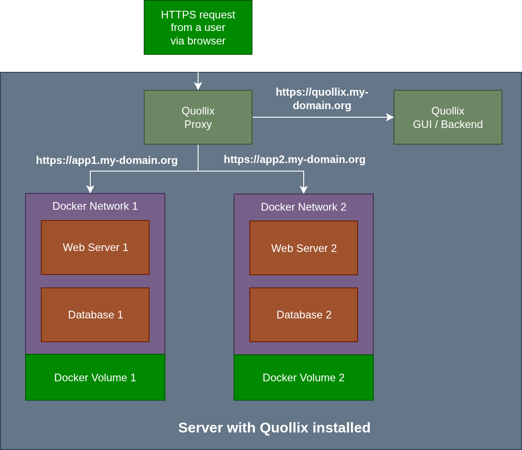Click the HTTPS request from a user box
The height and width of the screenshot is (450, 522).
[x=198, y=27]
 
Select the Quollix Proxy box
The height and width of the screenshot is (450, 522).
[x=198, y=117]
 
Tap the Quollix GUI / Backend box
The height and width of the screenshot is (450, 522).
[x=447, y=117]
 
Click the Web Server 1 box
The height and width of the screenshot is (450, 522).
[x=95, y=247]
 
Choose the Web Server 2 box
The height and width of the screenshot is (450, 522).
[x=304, y=248]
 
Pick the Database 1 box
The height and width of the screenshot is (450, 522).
[x=95, y=315]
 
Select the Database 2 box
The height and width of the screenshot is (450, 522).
[x=304, y=315]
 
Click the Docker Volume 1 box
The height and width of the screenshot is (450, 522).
[x=95, y=377]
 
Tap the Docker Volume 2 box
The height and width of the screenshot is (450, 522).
[x=304, y=377]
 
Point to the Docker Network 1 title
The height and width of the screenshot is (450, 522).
[x=95, y=206]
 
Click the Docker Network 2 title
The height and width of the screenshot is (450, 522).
[x=304, y=207]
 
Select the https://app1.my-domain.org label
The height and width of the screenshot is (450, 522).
[x=107, y=160]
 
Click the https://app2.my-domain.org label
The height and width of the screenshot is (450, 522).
[x=295, y=159]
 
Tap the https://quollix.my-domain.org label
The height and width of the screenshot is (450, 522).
[x=322, y=99]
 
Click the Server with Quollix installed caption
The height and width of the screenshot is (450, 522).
[x=274, y=428]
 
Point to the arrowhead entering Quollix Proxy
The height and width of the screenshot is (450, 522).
[x=198, y=86]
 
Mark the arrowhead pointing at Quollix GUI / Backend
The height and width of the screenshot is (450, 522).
[x=390, y=117]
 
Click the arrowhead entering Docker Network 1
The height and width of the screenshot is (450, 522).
[x=90, y=190]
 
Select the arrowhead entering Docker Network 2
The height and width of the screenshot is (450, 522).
[x=304, y=190]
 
